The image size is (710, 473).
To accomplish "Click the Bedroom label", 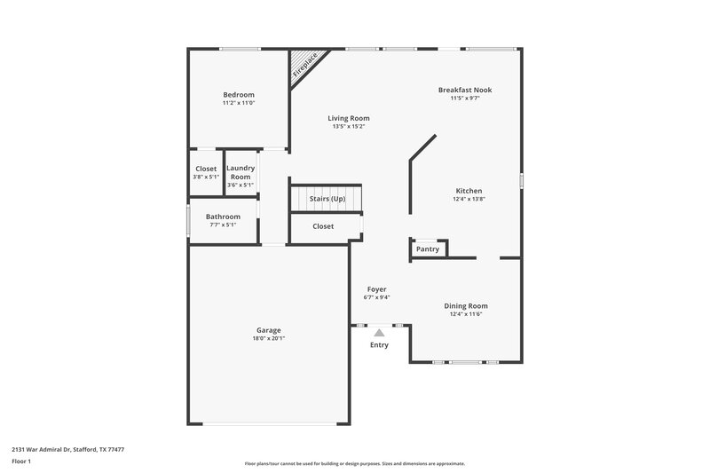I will tap(239, 95).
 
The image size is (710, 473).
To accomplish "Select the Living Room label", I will tap(349, 118).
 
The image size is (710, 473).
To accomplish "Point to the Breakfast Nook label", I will tap(465, 90).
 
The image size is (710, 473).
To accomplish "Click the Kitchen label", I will tap(469, 191).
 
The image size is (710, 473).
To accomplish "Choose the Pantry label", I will tap(428, 249).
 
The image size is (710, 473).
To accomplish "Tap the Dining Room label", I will tap(466, 306).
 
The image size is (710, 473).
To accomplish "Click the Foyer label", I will tap(376, 289).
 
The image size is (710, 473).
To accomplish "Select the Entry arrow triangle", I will tap(379, 332).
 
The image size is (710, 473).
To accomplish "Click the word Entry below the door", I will tap(379, 344).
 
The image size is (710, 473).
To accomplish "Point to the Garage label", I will tap(269, 330).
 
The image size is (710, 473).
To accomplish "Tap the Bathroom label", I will tap(223, 217).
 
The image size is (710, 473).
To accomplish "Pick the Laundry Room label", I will tap(241, 172).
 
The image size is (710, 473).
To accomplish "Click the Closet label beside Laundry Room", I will tap(206, 169).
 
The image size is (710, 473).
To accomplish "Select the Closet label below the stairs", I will tap(323, 226).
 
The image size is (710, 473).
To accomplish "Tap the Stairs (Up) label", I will tap(327, 199).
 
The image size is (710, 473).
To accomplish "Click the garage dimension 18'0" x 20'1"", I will tap(269, 338).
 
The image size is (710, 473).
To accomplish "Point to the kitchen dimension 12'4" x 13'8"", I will tap(469, 199).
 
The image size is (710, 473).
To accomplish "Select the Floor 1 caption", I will tap(21, 462).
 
